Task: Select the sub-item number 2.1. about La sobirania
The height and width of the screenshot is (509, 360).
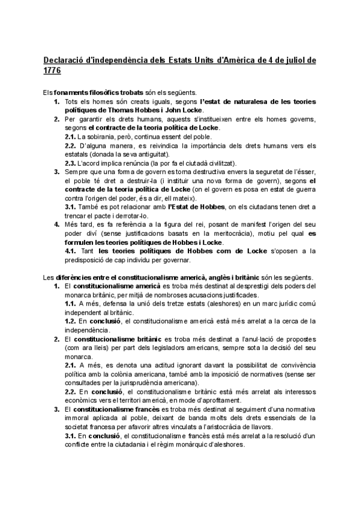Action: (x=70, y=136)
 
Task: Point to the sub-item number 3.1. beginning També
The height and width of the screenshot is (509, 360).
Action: (x=70, y=206)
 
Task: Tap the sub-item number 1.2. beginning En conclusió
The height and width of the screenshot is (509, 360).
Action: (x=70, y=321)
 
